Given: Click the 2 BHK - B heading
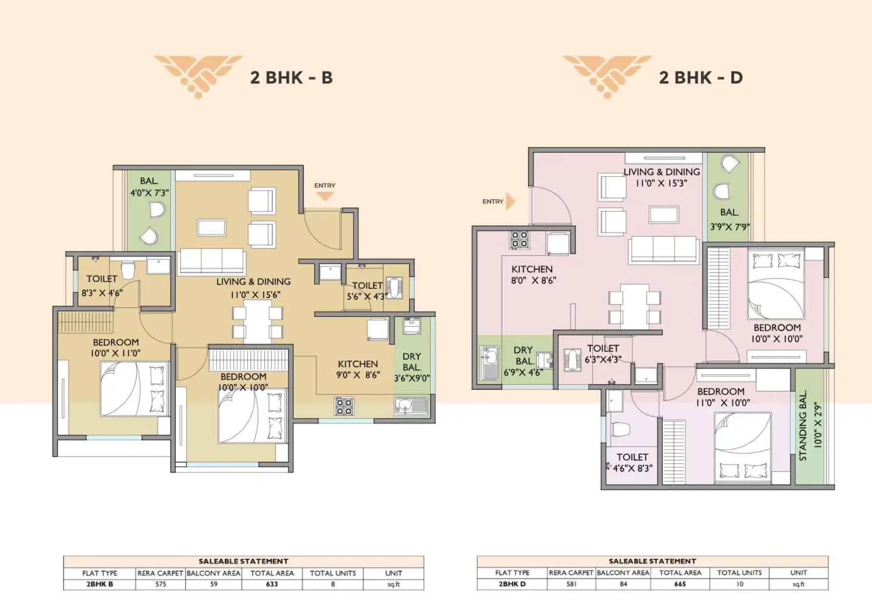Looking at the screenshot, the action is [291, 78].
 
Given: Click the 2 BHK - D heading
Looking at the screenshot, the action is [701, 78].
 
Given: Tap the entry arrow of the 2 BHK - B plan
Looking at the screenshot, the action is [325, 196].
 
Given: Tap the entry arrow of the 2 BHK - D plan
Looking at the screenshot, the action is [510, 201].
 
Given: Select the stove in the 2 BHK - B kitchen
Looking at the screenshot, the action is [344, 406].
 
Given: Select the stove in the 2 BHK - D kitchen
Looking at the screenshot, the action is [519, 240].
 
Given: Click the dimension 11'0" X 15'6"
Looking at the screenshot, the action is [255, 295].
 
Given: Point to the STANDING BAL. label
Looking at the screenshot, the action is [803, 426].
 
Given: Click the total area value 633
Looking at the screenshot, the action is [272, 584].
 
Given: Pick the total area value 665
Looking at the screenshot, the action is [680, 584].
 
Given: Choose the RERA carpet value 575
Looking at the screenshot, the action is [161, 584].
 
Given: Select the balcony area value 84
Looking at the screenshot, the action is [623, 584].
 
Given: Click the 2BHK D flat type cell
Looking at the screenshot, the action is [512, 584].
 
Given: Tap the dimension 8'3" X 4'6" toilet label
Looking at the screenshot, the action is [102, 293].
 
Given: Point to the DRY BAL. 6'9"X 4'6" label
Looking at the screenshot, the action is [523, 361].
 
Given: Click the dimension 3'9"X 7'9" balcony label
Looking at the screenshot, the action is [730, 226].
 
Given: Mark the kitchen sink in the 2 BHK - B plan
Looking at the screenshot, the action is [411, 406].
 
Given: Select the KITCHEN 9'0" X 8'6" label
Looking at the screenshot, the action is [358, 370].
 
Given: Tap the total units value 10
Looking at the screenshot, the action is [740, 584].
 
